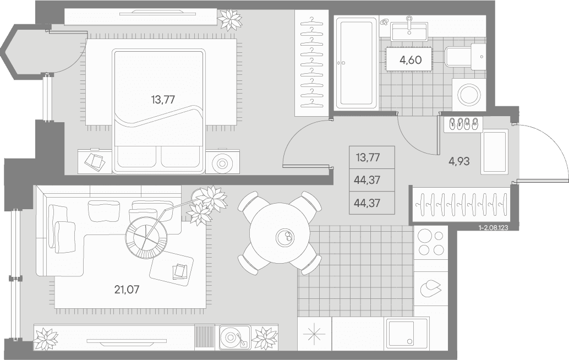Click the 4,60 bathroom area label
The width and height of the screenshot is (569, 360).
click(x=411, y=60)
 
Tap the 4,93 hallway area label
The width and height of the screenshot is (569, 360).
click(x=459, y=161)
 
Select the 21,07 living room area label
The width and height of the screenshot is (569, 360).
click(x=127, y=290)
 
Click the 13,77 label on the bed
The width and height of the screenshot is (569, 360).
click(x=163, y=100)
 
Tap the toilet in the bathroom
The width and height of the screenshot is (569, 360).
click(x=465, y=57)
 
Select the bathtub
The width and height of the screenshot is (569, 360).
click(x=355, y=63)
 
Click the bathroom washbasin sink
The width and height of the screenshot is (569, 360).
click(x=409, y=30)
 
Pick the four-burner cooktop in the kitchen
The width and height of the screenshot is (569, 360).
click(x=431, y=243)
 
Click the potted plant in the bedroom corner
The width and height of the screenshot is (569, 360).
click(x=229, y=20)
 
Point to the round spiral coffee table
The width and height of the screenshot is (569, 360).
click(x=146, y=238)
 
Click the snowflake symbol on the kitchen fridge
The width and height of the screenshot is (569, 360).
click(x=314, y=334)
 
